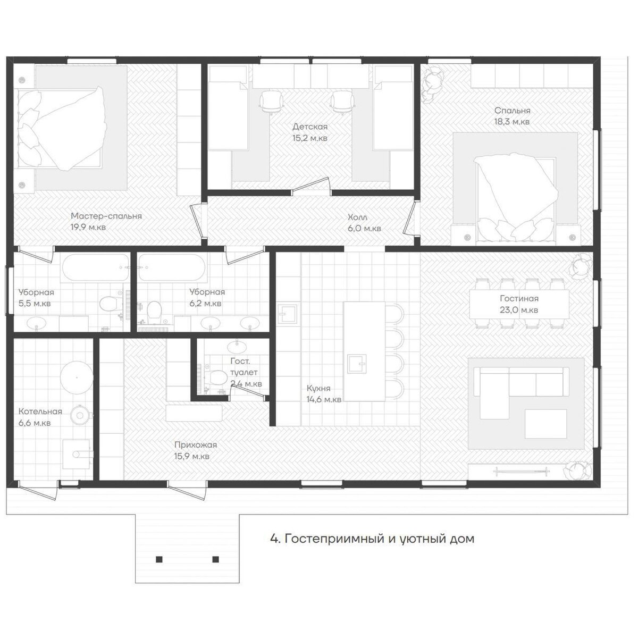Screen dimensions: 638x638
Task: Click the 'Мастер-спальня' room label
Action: (x=106, y=216)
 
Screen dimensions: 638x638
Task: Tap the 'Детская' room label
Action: (x=310, y=127)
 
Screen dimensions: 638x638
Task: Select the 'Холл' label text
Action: (x=357, y=217)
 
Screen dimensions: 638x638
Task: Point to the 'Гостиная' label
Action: (x=519, y=298)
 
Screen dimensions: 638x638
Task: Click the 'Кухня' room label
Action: (x=318, y=388)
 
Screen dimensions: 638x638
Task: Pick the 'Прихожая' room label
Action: (x=196, y=445)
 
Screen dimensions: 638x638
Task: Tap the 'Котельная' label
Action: (x=40, y=412)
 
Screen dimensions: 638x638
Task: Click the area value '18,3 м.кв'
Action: (x=512, y=122)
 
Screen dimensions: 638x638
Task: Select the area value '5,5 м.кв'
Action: (x=35, y=303)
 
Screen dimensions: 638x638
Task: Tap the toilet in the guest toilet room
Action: (x=216, y=376)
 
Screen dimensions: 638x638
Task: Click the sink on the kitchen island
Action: (x=357, y=364)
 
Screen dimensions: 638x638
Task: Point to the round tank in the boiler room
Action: (x=77, y=377)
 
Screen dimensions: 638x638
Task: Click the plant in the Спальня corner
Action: (x=432, y=84)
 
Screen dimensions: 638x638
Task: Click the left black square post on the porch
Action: (x=159, y=559)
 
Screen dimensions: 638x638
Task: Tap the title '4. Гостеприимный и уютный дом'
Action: (x=373, y=539)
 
